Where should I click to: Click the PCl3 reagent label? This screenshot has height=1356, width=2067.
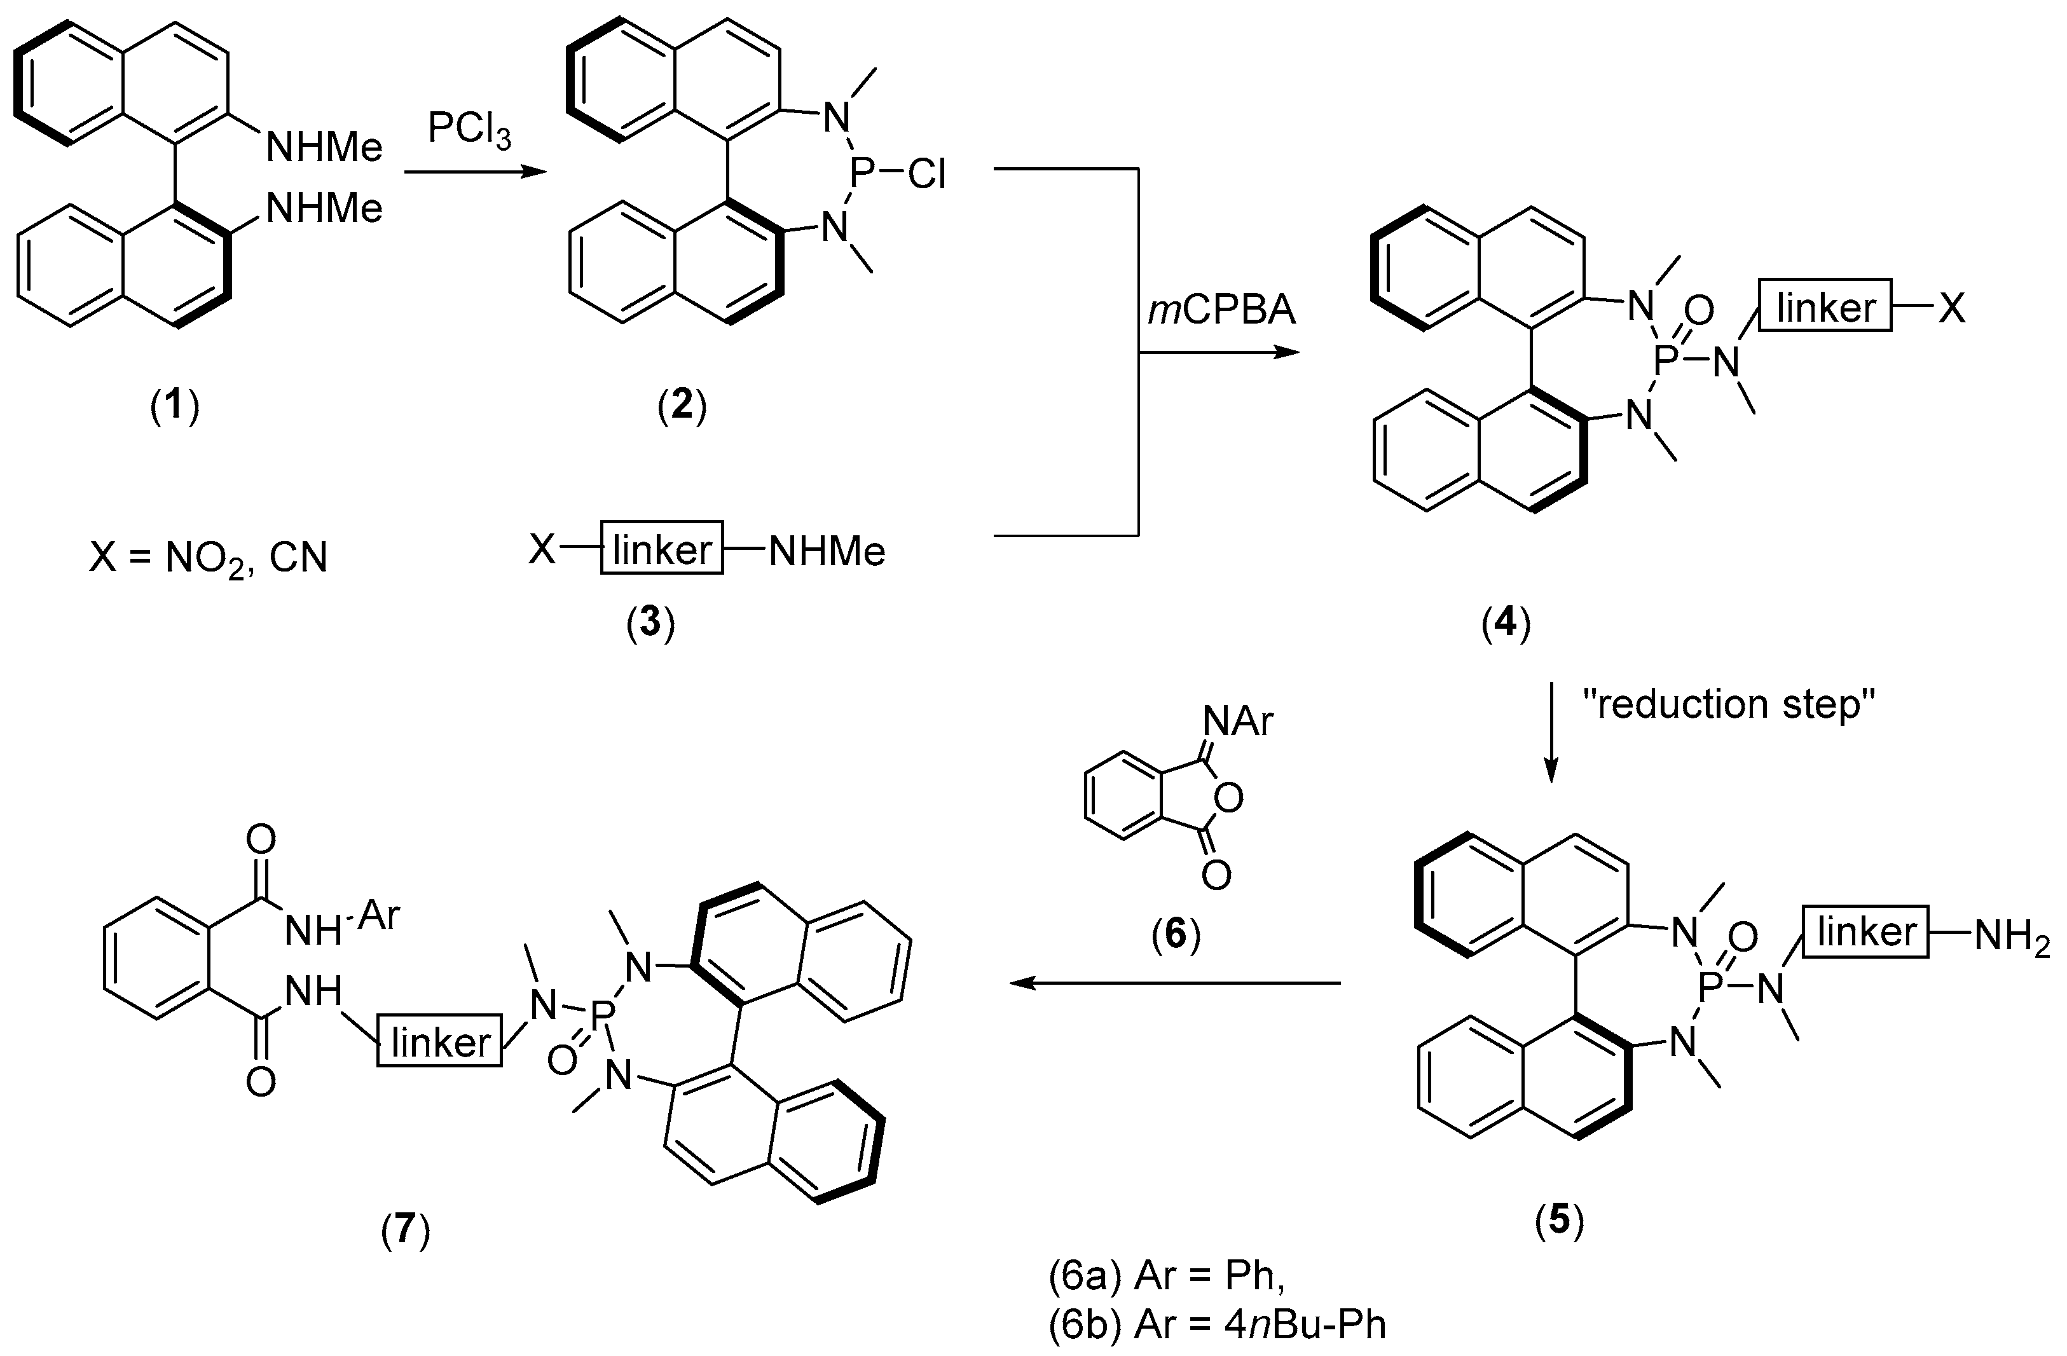[x=469, y=132]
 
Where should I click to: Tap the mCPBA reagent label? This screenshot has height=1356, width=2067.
[x=1221, y=310]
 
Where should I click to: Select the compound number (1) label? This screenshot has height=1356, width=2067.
[x=175, y=406]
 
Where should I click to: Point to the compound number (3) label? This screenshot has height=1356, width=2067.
[x=650, y=622]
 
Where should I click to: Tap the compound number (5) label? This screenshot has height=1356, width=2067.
[x=1560, y=1221]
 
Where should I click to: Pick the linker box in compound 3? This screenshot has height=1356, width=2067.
[x=662, y=549]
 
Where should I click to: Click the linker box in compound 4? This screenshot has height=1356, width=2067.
[x=1825, y=306]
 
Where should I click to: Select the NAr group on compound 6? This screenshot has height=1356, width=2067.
[x=1238, y=720]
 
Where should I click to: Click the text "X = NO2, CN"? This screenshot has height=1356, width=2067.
[x=209, y=556]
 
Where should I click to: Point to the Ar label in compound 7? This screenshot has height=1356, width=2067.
[x=379, y=914]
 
